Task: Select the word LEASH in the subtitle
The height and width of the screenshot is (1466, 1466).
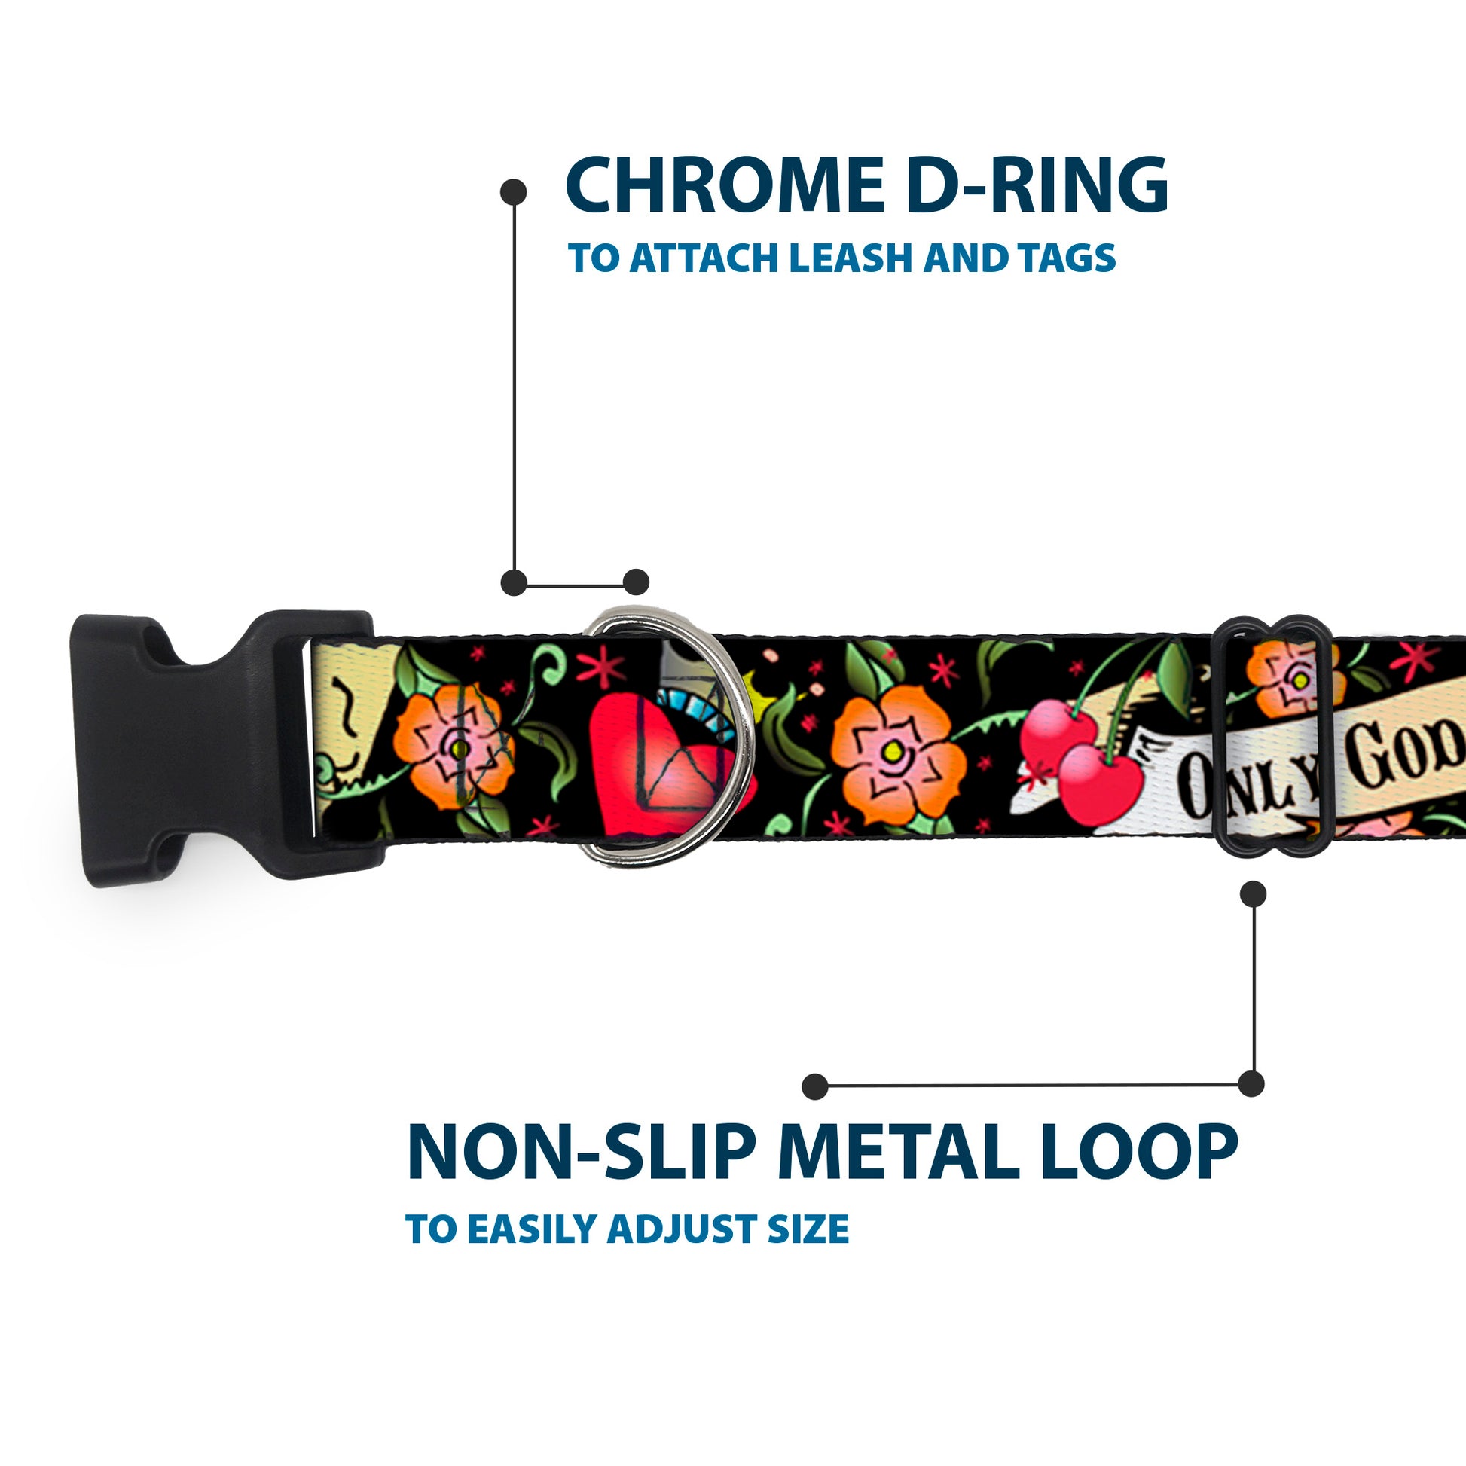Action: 850,258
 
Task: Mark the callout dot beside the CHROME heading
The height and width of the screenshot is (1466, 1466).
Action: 514,192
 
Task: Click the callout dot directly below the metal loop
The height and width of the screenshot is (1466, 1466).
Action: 1253,894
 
